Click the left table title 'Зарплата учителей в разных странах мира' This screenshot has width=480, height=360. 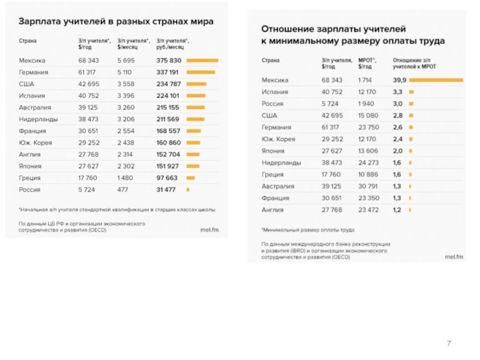coord(116,22)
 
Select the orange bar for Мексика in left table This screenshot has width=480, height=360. coord(202,61)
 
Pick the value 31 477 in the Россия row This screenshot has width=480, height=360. coord(166,190)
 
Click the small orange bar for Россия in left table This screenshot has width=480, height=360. coord(188,190)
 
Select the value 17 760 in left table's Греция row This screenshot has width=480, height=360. coord(88,178)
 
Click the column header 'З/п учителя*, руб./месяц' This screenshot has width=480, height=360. coord(172,43)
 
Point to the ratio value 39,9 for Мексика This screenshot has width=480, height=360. coord(400,80)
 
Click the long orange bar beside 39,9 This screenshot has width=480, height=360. coord(436,80)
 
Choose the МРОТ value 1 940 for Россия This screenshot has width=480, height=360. coord(366,103)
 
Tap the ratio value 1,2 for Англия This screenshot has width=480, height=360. coord(397,209)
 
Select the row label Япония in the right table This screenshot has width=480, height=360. coord(273,151)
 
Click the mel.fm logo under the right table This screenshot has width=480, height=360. coord(454,257)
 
